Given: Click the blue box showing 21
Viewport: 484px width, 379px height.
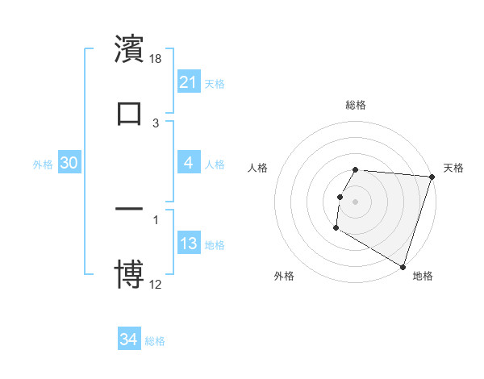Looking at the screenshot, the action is (x=189, y=81).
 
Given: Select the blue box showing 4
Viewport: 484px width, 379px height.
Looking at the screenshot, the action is (x=189, y=163).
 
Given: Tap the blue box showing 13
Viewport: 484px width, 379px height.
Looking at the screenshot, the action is (x=189, y=244).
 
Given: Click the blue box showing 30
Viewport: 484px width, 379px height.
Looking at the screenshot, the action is (x=69, y=163).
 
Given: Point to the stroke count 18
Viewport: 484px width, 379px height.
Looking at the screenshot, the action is (x=156, y=59).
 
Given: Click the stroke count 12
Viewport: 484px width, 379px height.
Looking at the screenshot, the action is (x=156, y=285).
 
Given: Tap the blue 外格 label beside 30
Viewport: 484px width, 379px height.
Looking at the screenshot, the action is (x=43, y=165).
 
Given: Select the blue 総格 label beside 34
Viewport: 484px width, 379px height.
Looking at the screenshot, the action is (x=155, y=341).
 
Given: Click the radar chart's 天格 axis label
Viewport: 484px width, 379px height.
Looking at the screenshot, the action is (x=453, y=168).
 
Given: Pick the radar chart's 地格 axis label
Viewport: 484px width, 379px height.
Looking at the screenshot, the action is (x=423, y=276).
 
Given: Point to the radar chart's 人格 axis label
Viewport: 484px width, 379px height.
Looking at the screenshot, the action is (x=258, y=168).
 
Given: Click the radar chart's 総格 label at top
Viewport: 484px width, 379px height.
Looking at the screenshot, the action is (x=356, y=105).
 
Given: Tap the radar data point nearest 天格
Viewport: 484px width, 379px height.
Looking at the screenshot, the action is (x=432, y=177).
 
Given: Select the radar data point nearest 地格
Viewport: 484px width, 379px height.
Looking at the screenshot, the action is (x=403, y=266).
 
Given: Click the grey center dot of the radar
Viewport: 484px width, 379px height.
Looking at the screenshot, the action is (x=356, y=199).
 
